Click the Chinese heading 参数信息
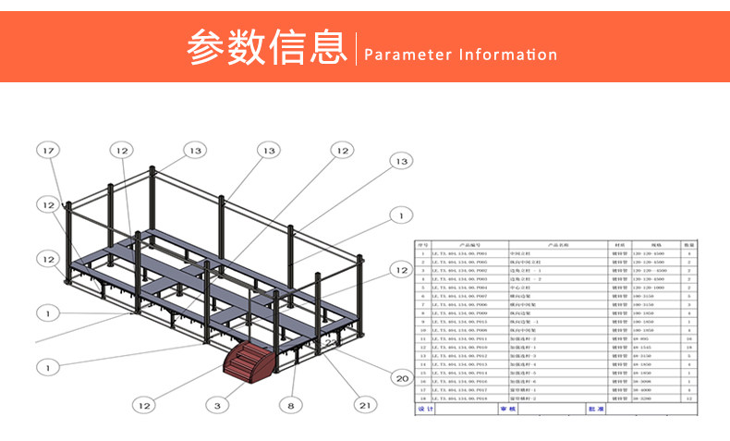(265, 48)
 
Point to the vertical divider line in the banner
(355, 48)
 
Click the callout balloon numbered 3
(217, 404)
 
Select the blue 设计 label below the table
(425, 408)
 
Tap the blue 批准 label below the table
(595, 408)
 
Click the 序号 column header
(423, 244)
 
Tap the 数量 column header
(688, 244)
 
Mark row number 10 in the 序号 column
(423, 329)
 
